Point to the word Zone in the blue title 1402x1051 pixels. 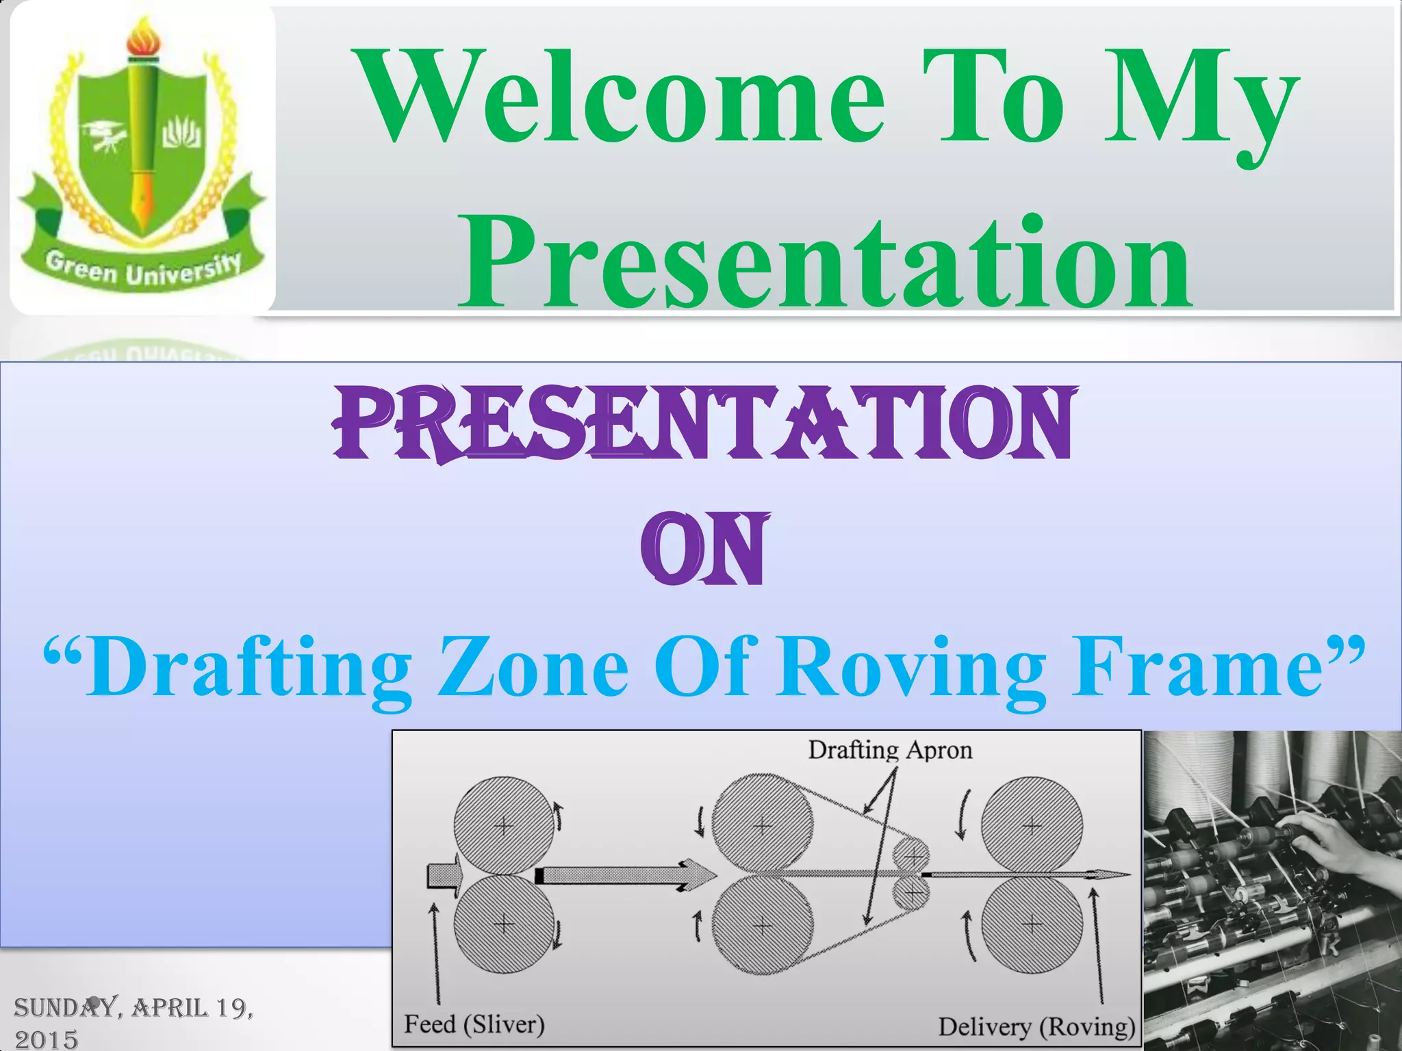point(533,667)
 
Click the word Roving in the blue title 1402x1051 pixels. point(910,667)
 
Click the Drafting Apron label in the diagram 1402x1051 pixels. point(889,751)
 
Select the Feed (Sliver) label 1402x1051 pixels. point(474,1024)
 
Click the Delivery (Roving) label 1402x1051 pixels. point(1036,1027)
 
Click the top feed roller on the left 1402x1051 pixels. point(504,826)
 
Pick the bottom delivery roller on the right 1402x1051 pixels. point(1032,925)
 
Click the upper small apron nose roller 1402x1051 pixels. point(911,856)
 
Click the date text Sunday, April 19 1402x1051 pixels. point(133,1008)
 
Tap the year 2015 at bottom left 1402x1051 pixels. point(47,1039)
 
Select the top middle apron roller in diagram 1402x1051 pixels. point(762,825)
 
